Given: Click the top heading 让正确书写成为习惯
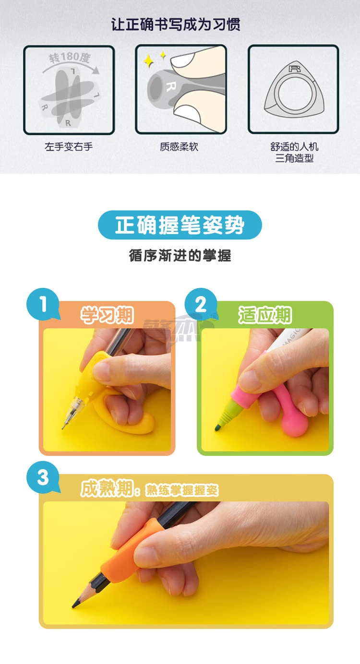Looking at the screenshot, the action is (176, 24).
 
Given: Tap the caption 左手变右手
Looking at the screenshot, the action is (69, 147).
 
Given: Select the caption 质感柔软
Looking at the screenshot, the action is (179, 147).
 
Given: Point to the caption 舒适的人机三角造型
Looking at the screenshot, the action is (294, 153).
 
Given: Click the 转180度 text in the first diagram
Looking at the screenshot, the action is (70, 57).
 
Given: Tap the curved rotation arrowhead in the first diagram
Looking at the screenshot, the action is (96, 70).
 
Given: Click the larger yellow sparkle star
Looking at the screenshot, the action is (149, 61).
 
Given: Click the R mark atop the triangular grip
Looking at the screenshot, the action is (294, 69).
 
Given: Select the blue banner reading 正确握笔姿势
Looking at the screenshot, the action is (180, 225).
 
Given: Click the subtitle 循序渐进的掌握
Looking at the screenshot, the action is (180, 256).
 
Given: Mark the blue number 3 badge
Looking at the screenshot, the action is (43, 477).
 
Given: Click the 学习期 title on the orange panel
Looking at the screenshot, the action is (107, 315).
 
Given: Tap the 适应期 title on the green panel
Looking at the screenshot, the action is (265, 315).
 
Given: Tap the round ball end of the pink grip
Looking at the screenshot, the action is (294, 426).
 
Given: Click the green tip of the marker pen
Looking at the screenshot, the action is (217, 427).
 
